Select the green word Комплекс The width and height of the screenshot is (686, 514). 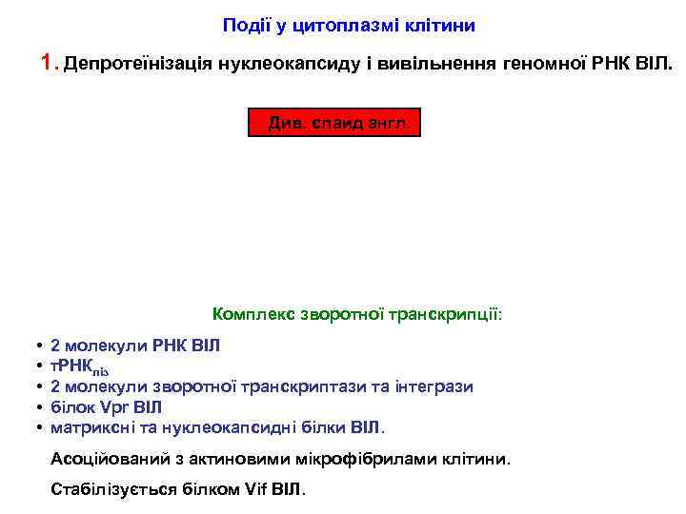pyautogui.click(x=252, y=313)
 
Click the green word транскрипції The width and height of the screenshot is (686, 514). pyautogui.click(x=448, y=313)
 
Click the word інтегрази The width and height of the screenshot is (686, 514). pyautogui.click(x=434, y=386)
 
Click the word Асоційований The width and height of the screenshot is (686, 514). pyautogui.click(x=108, y=458)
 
